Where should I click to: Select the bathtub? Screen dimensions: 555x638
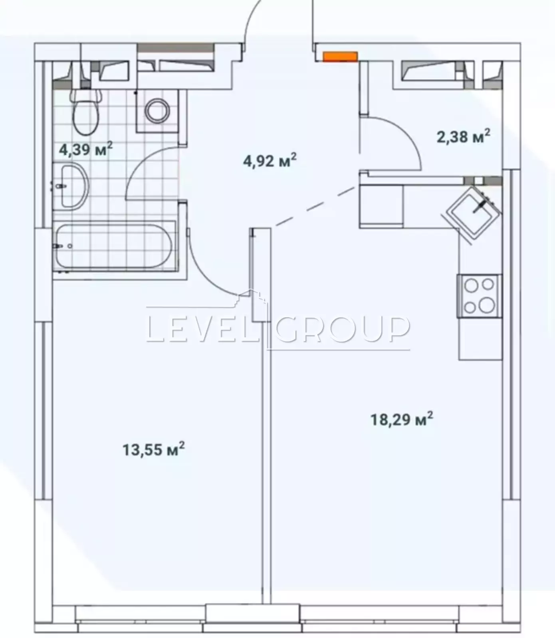point(114,246)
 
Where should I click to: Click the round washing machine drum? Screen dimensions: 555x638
point(157,111)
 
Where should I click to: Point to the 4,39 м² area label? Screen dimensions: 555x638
point(86,150)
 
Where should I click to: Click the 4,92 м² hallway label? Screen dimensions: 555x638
point(270,161)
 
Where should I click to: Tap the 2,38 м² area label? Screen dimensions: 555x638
point(463,137)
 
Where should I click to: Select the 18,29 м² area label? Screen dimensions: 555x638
point(402,419)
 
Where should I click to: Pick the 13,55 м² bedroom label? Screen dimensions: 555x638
point(154,449)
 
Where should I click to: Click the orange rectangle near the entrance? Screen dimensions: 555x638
point(340,57)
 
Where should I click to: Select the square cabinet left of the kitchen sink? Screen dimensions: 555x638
point(381,206)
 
